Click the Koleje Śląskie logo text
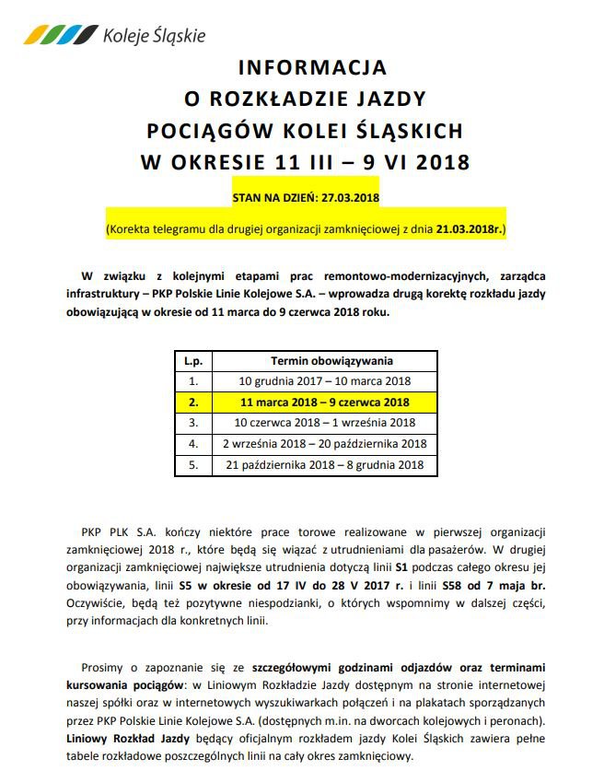tap(154, 36)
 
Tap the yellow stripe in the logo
tap(37, 35)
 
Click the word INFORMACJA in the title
tap(312, 67)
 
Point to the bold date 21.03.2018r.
tap(467, 227)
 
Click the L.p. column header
tap(192, 361)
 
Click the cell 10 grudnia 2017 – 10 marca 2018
tap(325, 380)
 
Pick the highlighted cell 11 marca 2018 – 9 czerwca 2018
tap(325, 403)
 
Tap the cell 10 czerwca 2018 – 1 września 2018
tap(325, 423)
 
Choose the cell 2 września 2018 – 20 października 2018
tap(325, 444)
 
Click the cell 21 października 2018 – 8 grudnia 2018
tap(325, 465)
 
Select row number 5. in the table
tap(192, 465)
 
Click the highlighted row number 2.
tap(192, 403)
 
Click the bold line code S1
tap(402, 567)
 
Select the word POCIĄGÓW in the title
tap(199, 131)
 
